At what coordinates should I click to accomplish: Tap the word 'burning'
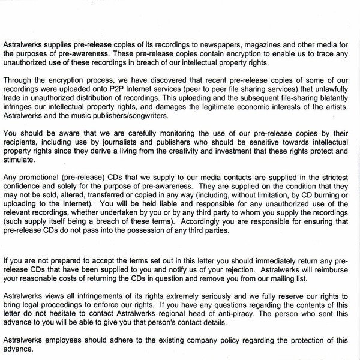342,196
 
